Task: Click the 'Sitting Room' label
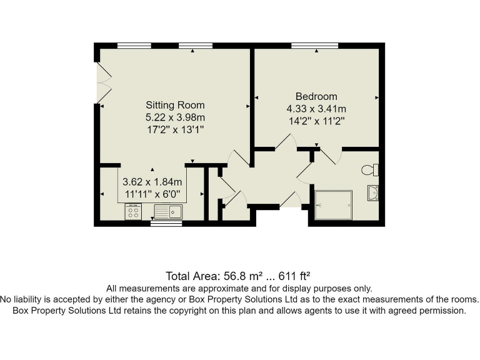click(175, 105)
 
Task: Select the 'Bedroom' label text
click(316, 96)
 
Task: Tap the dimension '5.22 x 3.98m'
click(175, 117)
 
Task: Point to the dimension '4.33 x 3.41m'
click(316, 108)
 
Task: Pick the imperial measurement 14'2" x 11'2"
click(316, 121)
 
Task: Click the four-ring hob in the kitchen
click(133, 212)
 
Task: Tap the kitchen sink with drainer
click(167, 212)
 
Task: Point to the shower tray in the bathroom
click(333, 205)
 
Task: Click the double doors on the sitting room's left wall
click(102, 84)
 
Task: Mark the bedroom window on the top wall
click(315, 45)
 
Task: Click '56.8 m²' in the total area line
click(241, 276)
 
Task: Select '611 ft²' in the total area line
click(291, 276)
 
